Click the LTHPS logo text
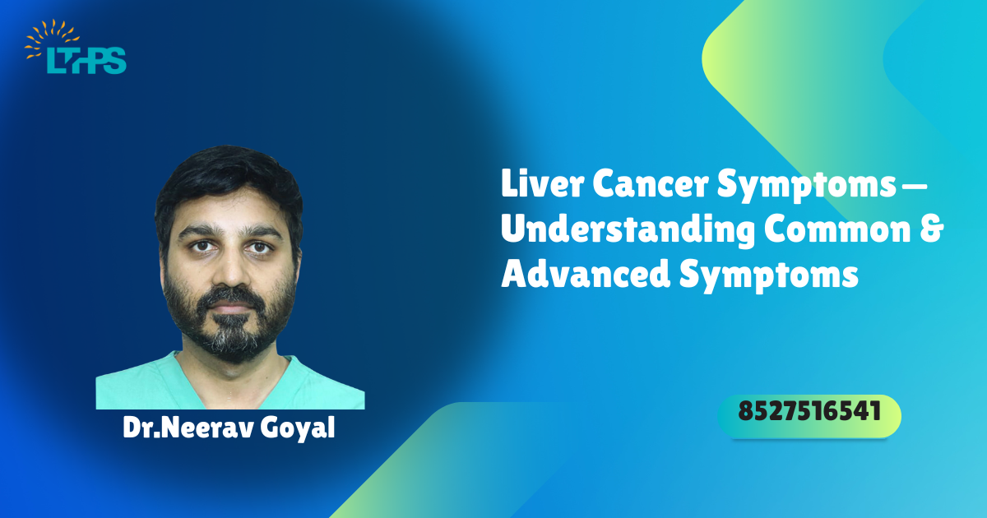tap(87, 60)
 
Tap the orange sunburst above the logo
tap(52, 39)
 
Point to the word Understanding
tap(628, 229)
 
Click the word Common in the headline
tap(837, 229)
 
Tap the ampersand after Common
tap(931, 229)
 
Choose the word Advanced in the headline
tap(586, 274)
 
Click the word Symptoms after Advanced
tap(769, 276)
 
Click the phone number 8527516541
tap(809, 411)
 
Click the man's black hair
tap(229, 176)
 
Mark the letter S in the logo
tap(116, 60)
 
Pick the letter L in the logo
tap(53, 60)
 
